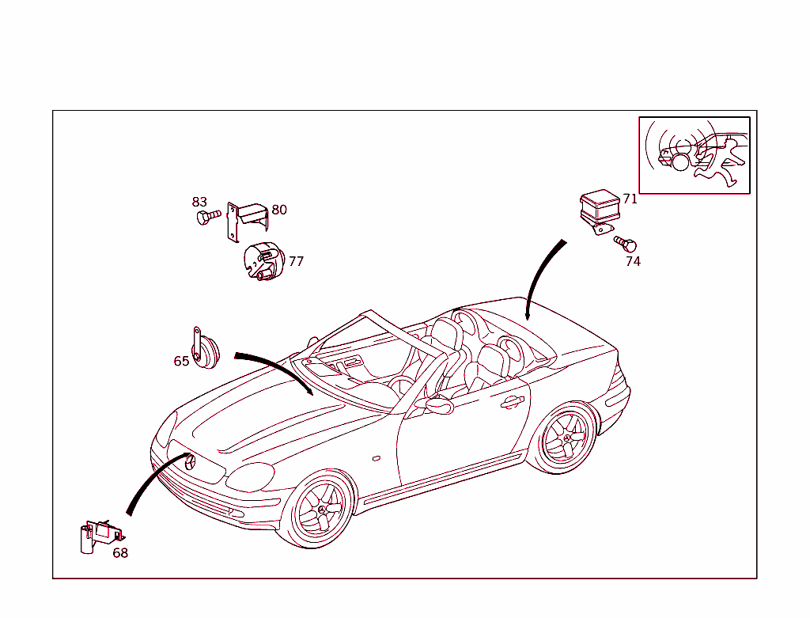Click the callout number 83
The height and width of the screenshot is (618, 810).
tap(199, 202)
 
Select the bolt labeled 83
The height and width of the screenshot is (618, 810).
tap(209, 217)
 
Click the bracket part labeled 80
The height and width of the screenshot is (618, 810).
tap(248, 221)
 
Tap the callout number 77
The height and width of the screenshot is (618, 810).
tap(296, 261)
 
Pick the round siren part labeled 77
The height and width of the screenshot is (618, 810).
tap(264, 261)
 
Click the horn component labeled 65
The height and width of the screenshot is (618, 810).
tap(205, 349)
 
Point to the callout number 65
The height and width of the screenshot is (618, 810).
tap(181, 361)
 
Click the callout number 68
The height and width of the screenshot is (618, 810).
tap(120, 553)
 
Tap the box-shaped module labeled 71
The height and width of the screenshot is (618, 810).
tap(600, 211)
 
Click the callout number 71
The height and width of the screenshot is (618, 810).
tap(630, 199)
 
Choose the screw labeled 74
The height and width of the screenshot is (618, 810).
tap(625, 243)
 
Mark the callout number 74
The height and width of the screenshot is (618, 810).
tap(633, 261)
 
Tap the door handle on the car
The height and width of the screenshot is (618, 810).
tap(512, 401)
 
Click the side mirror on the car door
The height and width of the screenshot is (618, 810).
tap(438, 406)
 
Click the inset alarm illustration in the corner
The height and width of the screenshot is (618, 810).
tap(695, 155)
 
